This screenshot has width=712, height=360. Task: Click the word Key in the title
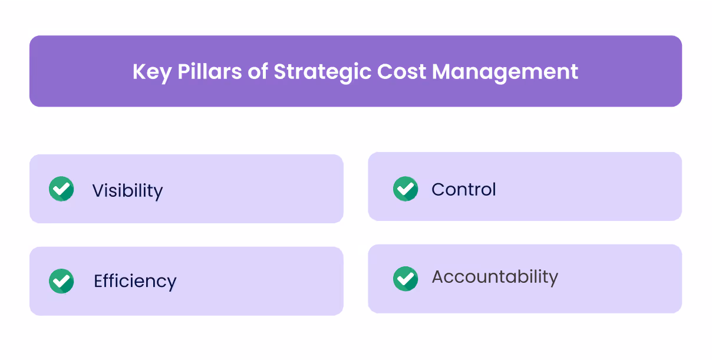(151, 72)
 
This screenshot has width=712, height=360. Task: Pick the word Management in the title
(505, 72)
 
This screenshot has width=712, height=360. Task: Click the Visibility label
(127, 190)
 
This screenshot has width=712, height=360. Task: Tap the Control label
(464, 189)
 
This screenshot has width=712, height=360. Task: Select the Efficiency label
(135, 281)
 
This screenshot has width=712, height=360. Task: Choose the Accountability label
(495, 277)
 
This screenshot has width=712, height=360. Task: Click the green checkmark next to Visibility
(61, 189)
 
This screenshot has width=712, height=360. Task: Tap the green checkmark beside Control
(406, 189)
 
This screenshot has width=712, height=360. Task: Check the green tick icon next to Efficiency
(61, 281)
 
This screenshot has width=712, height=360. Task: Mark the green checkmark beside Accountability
(406, 279)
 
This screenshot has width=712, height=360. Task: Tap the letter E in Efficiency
(98, 281)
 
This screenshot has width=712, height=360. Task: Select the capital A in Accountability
(438, 277)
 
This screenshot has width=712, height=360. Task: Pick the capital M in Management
(443, 72)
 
